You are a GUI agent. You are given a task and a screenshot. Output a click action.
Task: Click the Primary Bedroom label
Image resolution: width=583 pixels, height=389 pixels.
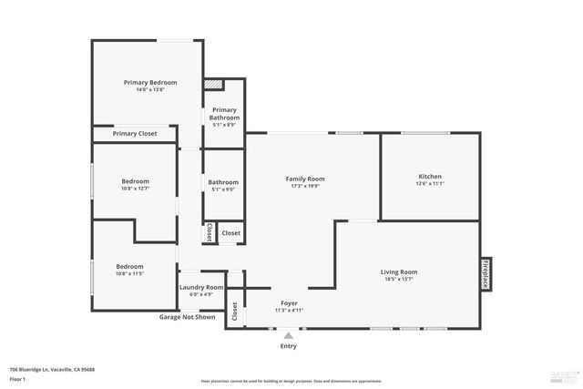150,83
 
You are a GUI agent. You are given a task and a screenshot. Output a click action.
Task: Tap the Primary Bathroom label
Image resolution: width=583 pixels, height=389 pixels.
224,114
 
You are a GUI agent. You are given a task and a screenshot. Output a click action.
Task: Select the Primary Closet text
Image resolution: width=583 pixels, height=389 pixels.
135,134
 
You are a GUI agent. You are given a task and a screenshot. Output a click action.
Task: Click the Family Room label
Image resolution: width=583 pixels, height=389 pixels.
305,179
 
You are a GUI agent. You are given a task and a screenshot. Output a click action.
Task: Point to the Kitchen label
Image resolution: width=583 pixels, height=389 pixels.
430,176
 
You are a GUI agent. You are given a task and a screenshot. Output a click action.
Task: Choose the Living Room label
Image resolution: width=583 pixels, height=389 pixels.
399,271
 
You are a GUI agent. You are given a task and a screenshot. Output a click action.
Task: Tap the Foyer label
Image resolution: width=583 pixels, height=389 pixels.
288,302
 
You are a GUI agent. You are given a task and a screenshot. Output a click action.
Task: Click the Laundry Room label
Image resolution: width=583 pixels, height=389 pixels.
201,287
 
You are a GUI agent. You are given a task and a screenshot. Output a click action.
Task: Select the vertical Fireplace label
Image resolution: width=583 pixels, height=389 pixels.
486,273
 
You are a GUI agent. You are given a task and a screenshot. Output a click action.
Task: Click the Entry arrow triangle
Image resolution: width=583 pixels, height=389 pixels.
289,335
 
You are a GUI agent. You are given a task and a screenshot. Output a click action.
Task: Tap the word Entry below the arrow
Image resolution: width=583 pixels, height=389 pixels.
289,346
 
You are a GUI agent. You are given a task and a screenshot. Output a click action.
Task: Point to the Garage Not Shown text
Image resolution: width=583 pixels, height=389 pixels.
188,317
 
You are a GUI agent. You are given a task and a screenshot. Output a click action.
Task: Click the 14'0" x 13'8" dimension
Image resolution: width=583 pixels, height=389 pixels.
150,90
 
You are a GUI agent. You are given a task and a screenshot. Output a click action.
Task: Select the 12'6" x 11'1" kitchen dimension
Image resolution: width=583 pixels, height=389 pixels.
430,183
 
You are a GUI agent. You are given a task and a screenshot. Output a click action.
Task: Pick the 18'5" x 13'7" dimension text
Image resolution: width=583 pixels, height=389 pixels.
399,279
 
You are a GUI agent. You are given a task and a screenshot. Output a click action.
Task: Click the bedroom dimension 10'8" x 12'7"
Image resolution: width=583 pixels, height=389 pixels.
135,189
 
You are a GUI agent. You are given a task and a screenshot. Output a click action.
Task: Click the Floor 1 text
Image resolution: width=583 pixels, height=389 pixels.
17,379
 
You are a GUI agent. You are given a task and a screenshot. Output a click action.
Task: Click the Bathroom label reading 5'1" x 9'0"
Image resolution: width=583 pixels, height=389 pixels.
223,189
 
